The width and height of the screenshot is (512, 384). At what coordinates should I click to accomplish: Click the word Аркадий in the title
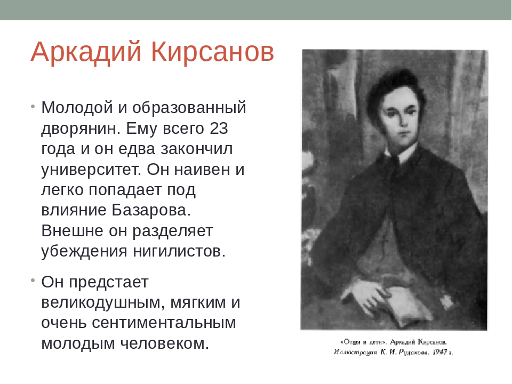86,52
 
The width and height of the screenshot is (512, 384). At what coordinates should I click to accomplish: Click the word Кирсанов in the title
213,52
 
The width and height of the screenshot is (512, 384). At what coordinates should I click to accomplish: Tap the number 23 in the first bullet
219,129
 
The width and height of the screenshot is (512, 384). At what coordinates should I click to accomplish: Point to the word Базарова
151,210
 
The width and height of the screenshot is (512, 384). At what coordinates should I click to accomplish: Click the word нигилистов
179,251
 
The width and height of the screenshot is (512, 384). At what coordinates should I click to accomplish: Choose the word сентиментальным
164,323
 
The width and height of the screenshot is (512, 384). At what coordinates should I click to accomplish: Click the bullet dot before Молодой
33,107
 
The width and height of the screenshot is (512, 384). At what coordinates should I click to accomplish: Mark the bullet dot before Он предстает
33,281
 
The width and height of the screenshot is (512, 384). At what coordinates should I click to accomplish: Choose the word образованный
189,108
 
